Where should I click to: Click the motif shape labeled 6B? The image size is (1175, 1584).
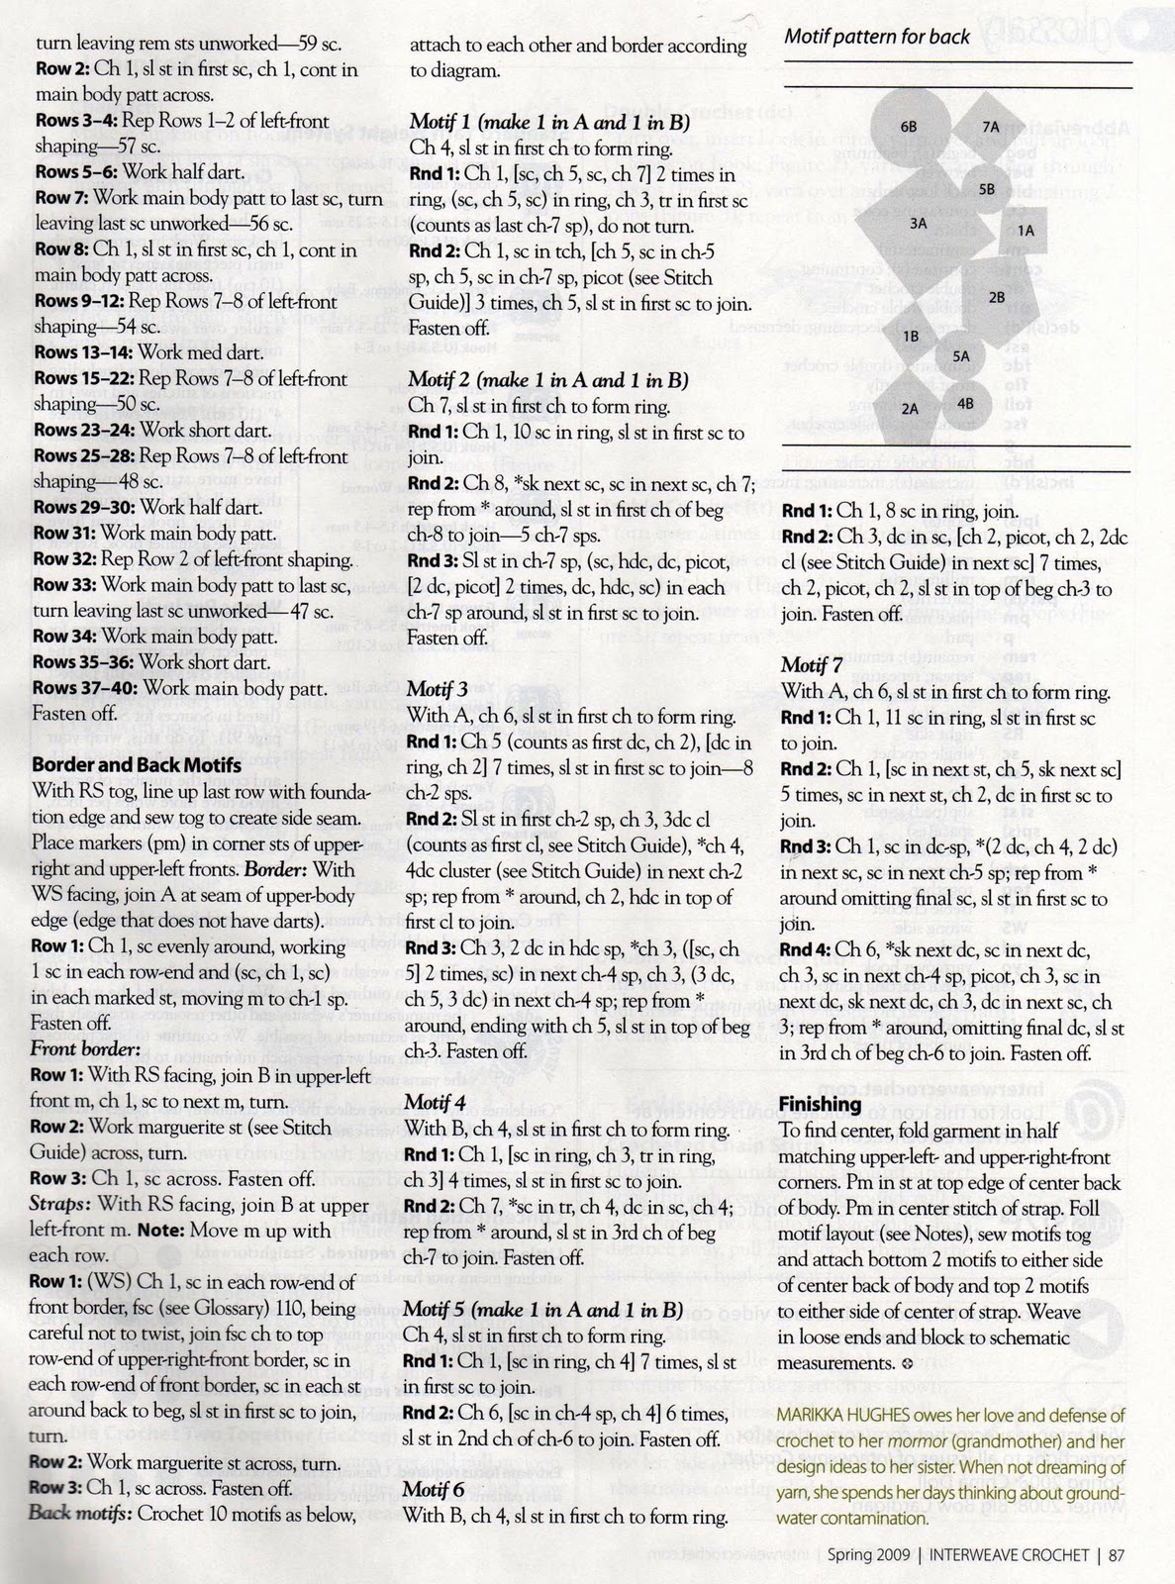909,128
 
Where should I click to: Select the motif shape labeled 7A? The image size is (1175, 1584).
991,126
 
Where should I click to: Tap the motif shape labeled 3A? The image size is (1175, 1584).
919,223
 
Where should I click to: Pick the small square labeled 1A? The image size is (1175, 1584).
1025,230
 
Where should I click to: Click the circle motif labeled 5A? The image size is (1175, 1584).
960,355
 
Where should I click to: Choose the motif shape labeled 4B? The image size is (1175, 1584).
967,402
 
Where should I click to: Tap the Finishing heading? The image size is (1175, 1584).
820,1104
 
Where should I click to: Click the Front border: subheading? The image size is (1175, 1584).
86,1048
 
